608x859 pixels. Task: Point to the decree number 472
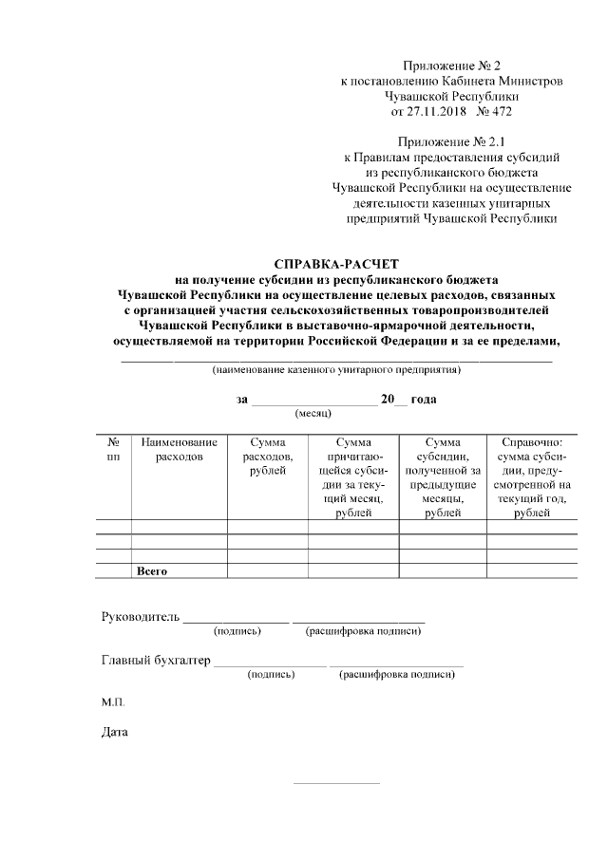(x=500, y=111)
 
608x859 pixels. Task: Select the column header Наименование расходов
(x=179, y=449)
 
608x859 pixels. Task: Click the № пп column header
(x=113, y=449)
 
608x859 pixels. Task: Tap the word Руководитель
(x=141, y=617)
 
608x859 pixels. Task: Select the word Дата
(x=115, y=732)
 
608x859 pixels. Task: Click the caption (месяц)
(x=313, y=415)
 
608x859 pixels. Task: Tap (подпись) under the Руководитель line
(x=238, y=630)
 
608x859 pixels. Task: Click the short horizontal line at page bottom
(x=336, y=783)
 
